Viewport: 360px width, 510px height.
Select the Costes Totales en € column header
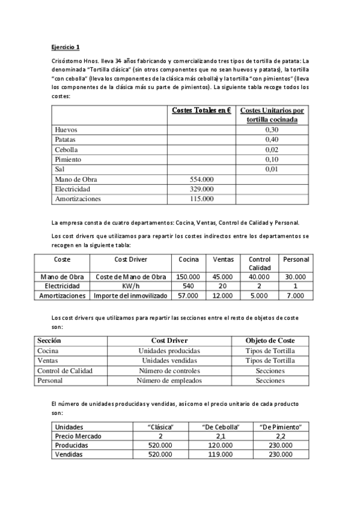(x=202, y=110)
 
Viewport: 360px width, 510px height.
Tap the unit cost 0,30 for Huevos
(x=272, y=130)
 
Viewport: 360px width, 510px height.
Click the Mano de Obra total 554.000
(x=201, y=179)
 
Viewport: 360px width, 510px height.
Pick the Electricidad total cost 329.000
(x=201, y=189)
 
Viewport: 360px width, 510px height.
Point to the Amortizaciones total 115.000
(x=201, y=198)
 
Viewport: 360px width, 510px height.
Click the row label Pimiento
(x=67, y=159)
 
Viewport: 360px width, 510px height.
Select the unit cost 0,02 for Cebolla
(x=272, y=150)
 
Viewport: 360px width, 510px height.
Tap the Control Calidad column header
(x=259, y=263)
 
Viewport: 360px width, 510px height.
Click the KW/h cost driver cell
(x=131, y=286)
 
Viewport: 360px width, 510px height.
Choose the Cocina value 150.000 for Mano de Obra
(x=188, y=276)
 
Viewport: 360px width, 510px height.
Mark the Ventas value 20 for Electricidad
(x=223, y=286)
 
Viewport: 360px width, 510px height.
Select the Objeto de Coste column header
(x=270, y=340)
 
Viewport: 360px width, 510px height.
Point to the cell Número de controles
(x=169, y=370)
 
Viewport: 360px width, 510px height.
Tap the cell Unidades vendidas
(x=169, y=360)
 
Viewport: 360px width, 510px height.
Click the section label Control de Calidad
(x=65, y=370)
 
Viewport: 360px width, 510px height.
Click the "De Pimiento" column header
(x=280, y=426)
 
